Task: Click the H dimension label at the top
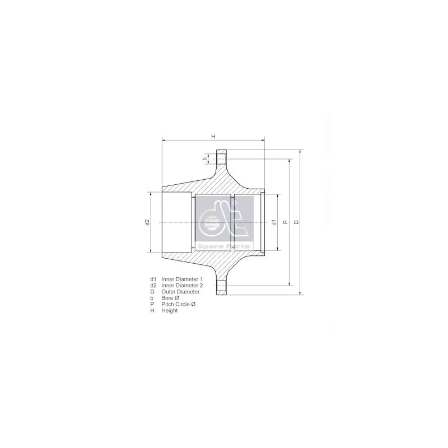click(x=213, y=136)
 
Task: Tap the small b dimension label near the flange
click(x=205, y=158)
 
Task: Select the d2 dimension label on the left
click(x=147, y=222)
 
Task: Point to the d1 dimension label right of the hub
click(x=274, y=222)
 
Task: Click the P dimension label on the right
click(x=285, y=222)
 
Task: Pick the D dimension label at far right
click(x=296, y=222)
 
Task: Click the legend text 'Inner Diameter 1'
click(x=182, y=279)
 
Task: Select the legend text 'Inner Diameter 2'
click(x=182, y=286)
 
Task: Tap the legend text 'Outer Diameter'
click(x=180, y=292)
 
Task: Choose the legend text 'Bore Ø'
click(x=170, y=298)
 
